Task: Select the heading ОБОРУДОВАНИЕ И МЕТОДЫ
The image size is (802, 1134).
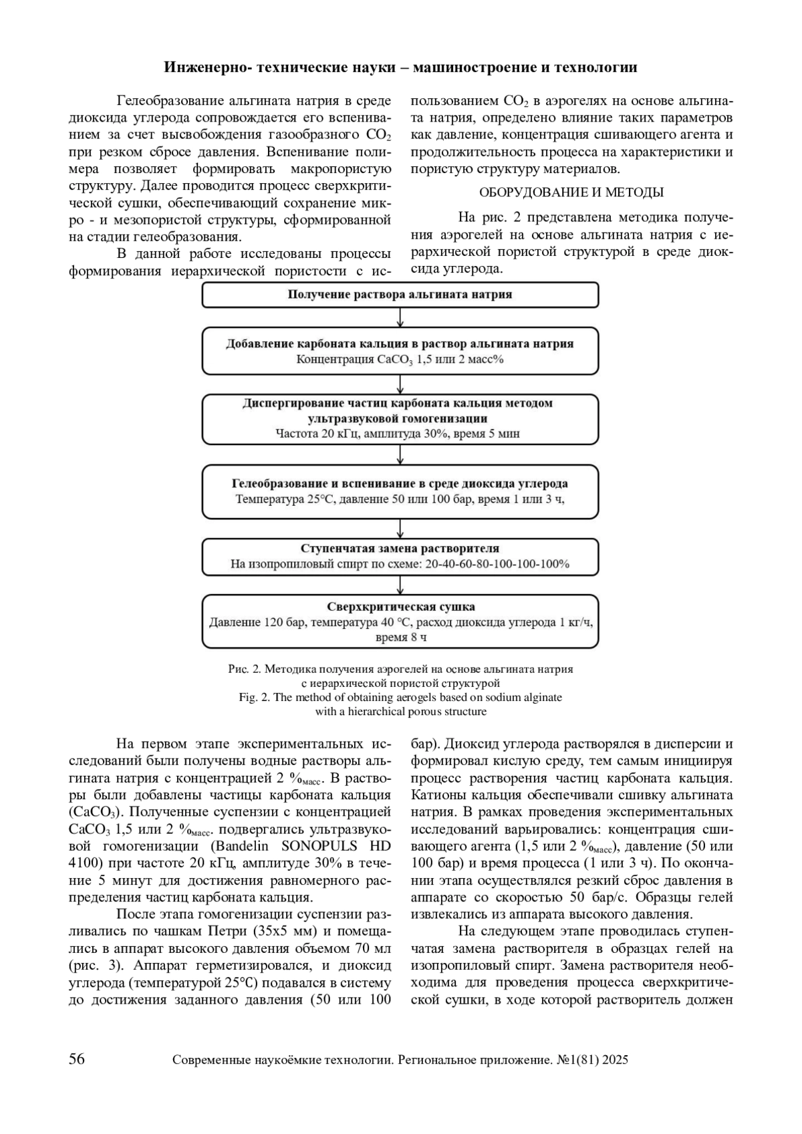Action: point(571,192)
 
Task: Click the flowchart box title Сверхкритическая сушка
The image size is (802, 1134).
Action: point(401,607)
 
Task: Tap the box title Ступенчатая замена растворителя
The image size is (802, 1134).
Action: point(400,548)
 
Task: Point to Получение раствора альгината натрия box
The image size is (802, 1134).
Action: point(400,294)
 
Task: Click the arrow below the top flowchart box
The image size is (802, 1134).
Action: point(400,317)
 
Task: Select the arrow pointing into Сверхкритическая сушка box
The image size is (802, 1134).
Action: point(400,585)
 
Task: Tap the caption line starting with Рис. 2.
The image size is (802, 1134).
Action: point(400,669)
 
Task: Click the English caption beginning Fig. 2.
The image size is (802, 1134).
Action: point(400,697)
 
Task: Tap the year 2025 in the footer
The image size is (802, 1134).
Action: point(614,1060)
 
